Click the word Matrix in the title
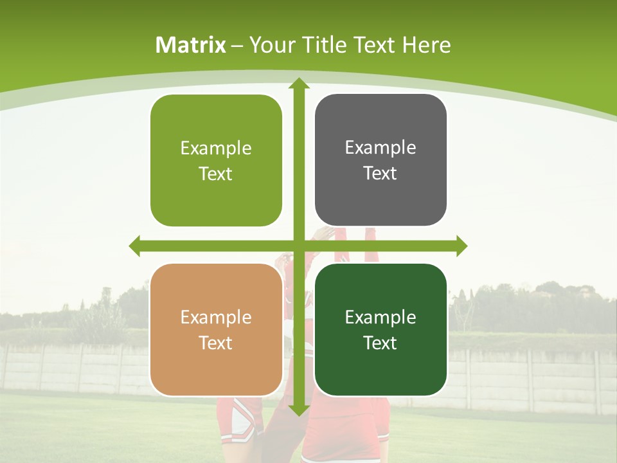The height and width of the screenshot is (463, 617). (191, 45)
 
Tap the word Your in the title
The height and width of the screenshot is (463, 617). (273, 45)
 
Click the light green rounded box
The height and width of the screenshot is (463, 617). (216, 161)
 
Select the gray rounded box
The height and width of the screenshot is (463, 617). (380, 160)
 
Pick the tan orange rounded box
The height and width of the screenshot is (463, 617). (216, 330)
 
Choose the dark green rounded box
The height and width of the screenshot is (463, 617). (380, 330)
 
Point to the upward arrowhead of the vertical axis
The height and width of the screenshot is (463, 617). (298, 84)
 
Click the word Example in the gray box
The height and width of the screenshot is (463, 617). (380, 148)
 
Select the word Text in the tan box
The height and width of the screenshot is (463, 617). (216, 343)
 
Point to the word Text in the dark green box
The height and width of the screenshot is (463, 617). (380, 343)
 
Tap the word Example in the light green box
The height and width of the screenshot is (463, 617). (216, 149)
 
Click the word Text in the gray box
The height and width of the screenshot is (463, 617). (380, 173)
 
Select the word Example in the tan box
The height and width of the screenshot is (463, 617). (216, 318)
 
